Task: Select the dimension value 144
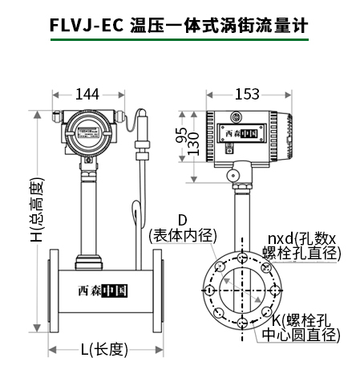pos(87,95)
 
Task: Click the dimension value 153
pos(246,95)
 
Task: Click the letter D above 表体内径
pos(181,220)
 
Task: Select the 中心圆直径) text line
pos(302,335)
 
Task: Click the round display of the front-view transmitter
pos(88,129)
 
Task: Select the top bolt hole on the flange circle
pos(241,257)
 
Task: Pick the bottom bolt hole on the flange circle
pos(241,323)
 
